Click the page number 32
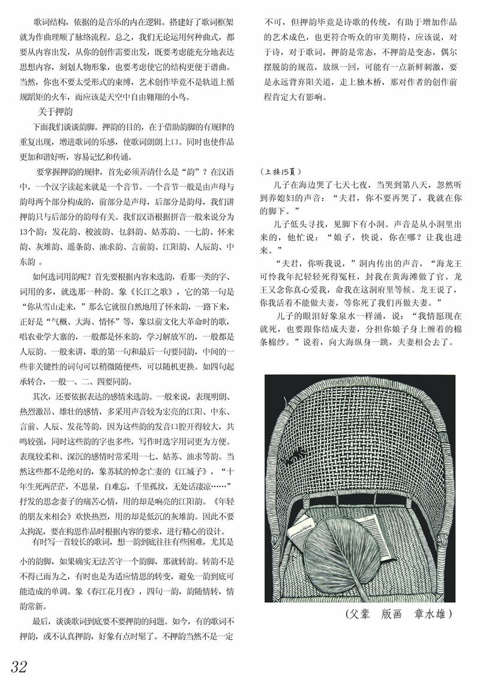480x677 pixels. point(19,665)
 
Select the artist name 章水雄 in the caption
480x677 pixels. point(432,614)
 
